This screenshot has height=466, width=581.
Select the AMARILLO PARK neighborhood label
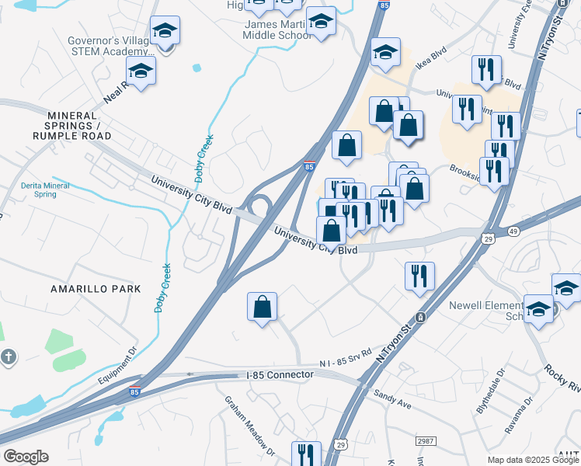tap(96, 288)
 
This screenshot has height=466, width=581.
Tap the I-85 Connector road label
tap(280, 374)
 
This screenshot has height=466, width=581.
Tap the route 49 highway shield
tap(513, 231)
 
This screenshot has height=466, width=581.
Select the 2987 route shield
tap(425, 441)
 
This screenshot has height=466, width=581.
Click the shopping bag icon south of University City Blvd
tap(263, 306)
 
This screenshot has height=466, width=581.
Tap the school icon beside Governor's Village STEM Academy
tap(164, 31)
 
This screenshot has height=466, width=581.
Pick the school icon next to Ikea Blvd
tap(385, 52)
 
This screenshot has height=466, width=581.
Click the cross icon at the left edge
tap(8, 357)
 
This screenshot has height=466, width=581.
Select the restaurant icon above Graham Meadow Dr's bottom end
tap(305, 454)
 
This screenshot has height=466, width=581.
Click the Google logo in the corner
tap(26, 457)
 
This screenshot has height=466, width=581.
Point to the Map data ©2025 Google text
tap(532, 460)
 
